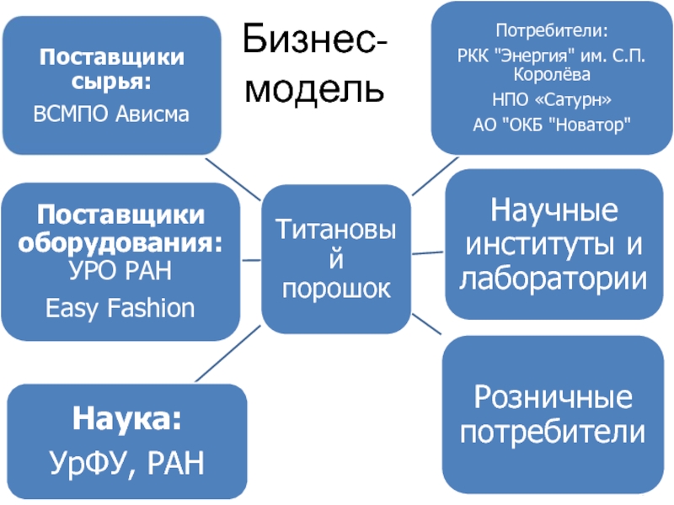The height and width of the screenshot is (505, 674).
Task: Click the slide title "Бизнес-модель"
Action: pos(316,61)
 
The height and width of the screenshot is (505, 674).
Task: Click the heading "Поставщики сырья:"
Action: pos(112,70)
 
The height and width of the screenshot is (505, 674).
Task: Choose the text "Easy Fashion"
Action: pos(120,307)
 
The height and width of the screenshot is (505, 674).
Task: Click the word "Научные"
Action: pos(553,210)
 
